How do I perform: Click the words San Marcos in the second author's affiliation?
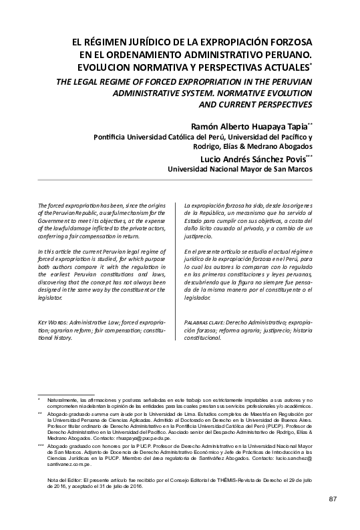tap(291, 170)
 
